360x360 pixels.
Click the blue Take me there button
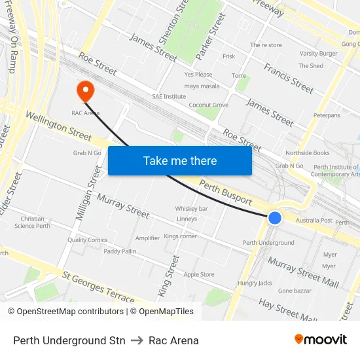click(x=179, y=160)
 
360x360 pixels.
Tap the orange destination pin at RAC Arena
click(x=86, y=90)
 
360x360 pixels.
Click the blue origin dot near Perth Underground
click(x=275, y=217)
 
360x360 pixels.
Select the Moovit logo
click(x=321, y=340)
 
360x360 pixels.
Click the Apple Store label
click(x=198, y=275)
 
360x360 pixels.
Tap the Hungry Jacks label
click(x=255, y=283)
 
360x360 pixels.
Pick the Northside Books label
click(x=307, y=153)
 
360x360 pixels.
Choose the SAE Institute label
click(x=169, y=96)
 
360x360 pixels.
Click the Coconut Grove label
click(x=208, y=105)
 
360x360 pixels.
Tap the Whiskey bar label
click(x=191, y=209)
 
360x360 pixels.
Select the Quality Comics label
click(x=87, y=240)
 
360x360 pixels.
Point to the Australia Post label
click(x=314, y=221)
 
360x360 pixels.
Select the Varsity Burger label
click(x=318, y=54)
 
